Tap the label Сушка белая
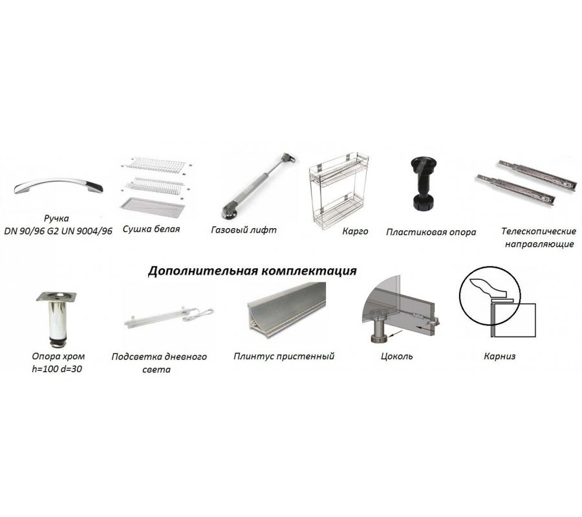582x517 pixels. click(151, 229)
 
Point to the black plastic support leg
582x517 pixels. click(423, 184)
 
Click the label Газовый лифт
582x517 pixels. click(244, 230)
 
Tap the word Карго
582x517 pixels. click(355, 231)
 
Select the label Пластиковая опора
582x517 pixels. click(431, 232)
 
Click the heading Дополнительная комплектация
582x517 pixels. click(252, 271)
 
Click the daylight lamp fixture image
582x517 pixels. click(169, 317)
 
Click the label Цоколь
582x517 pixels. click(397, 357)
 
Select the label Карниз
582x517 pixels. click(500, 357)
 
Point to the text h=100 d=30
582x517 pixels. click(57, 369)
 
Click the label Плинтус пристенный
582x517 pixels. click(284, 357)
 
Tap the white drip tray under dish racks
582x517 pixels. click(153, 209)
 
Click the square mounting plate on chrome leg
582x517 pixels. click(57, 297)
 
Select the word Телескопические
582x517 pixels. click(539, 231)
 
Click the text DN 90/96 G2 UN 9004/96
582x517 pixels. click(58, 231)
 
